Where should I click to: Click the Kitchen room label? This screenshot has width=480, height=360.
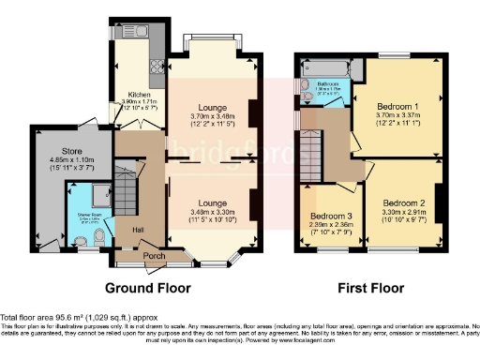tap(128, 95)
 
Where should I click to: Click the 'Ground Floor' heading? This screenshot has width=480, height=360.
tap(147, 287)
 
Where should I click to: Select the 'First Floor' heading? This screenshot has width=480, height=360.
tap(366, 287)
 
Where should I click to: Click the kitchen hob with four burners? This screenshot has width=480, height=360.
tap(154, 67)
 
